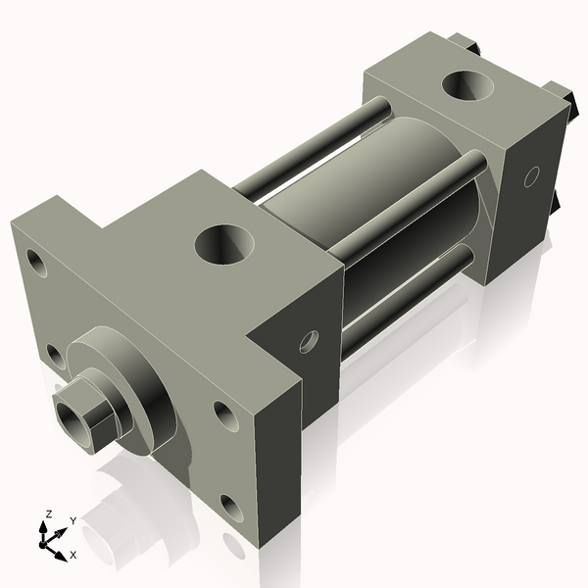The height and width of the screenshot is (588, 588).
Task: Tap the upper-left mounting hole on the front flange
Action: [36, 262]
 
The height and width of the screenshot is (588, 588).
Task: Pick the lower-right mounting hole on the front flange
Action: [232, 507]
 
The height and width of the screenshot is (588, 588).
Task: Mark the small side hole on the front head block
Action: [309, 341]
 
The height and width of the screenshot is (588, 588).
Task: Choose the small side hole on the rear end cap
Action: [532, 176]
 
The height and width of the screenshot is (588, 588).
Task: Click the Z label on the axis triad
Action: [48, 514]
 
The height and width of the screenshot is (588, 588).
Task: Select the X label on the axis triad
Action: [72, 555]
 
